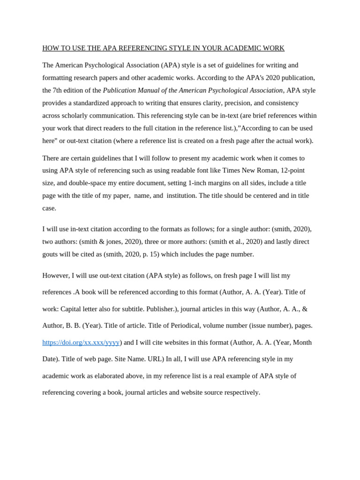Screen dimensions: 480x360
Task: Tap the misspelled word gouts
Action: tap(52, 254)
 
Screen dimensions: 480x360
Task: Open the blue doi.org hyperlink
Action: tap(81, 342)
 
